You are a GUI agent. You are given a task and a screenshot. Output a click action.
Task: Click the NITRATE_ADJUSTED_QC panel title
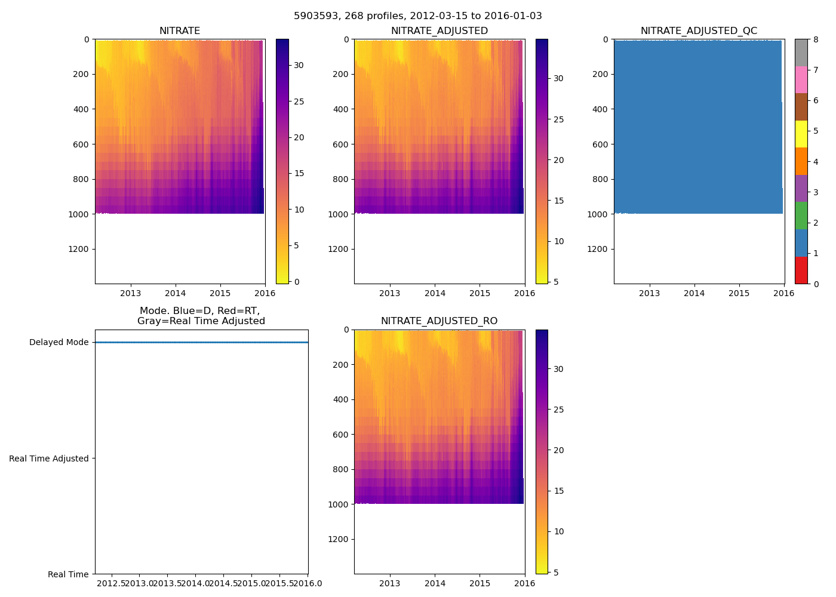(699, 31)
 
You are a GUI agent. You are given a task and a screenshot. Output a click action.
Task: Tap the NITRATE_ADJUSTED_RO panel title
(439, 321)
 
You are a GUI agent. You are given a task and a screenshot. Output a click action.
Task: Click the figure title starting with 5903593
(418, 16)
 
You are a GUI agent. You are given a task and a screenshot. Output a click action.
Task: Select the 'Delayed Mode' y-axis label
(59, 343)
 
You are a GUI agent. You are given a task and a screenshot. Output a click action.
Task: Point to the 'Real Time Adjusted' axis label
(49, 458)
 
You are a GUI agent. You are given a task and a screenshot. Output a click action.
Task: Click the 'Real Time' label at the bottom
(68, 574)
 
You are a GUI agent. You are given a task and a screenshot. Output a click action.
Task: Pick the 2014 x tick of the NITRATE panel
(176, 293)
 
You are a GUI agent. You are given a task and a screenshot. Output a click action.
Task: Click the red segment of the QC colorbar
(801, 270)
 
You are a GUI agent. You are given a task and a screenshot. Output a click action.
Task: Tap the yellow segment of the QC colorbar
(801, 134)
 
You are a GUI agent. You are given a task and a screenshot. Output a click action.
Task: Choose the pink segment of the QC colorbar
(801, 79)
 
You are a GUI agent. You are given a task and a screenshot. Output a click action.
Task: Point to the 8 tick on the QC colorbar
(816, 39)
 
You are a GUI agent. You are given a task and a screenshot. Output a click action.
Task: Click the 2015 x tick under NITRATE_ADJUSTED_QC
(739, 293)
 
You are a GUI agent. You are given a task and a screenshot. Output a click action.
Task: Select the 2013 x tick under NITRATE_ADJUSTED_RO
(390, 583)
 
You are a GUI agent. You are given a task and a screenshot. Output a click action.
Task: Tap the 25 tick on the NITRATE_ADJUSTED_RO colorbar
(558, 410)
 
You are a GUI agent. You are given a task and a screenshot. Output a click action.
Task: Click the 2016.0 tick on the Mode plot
(308, 583)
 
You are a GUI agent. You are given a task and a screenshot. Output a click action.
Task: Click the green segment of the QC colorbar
(801, 216)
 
